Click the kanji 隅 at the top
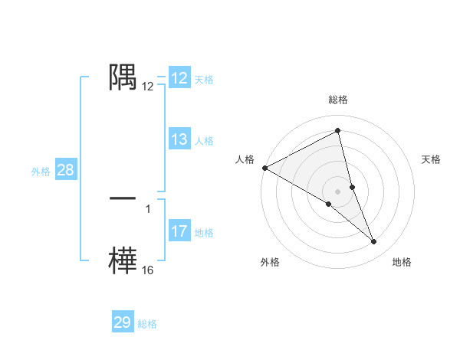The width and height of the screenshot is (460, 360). point(123,77)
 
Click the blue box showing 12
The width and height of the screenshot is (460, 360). point(179,78)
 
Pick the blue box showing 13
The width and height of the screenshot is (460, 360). point(179,139)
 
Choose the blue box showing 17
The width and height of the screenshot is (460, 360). point(179,231)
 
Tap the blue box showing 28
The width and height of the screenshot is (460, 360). point(66,170)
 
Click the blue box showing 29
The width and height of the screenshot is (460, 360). point(123,322)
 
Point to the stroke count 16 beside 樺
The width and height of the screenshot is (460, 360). point(148,270)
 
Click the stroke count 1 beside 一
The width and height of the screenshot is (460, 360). point(148,208)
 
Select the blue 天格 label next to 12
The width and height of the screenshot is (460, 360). point(204,79)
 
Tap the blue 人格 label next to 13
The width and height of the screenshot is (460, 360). point(204,140)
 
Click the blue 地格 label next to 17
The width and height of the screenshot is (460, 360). point(204,232)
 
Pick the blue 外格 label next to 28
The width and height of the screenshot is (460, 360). point(41,171)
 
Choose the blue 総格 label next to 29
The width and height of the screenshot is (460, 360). point(147,323)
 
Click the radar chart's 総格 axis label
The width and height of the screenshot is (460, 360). point(337,100)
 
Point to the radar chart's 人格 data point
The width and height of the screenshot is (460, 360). point(264,167)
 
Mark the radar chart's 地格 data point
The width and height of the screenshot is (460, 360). point(374,242)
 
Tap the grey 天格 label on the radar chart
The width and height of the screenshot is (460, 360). point(432,159)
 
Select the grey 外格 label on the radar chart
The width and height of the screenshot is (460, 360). point(270,262)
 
